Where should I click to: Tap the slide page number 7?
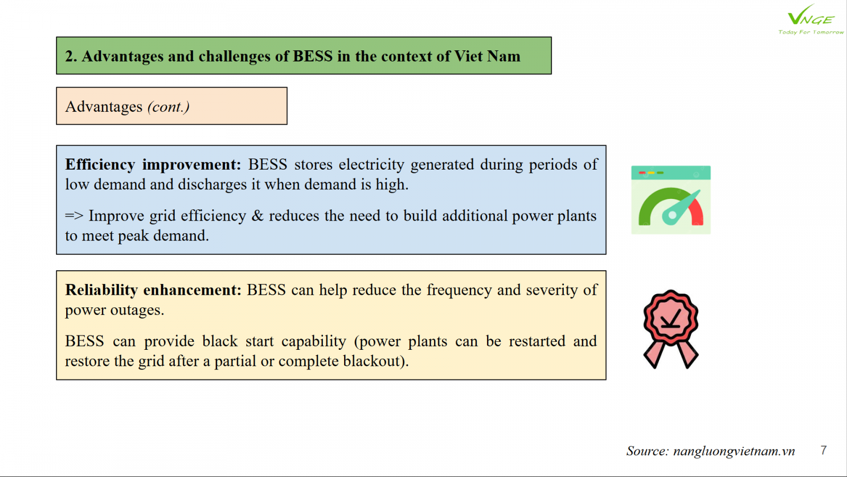(824, 450)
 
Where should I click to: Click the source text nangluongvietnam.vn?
(734, 451)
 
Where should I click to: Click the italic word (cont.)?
(169, 107)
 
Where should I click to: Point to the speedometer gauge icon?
(671, 200)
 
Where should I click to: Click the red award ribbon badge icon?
(671, 329)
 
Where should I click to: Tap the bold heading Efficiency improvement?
(153, 165)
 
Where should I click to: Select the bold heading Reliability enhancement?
(153, 290)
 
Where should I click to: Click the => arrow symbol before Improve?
(74, 216)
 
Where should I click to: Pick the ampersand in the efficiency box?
(257, 216)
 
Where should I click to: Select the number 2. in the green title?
(71, 56)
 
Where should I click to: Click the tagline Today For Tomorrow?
(810, 32)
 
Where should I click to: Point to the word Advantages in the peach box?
(104, 107)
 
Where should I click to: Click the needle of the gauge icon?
(681, 207)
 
